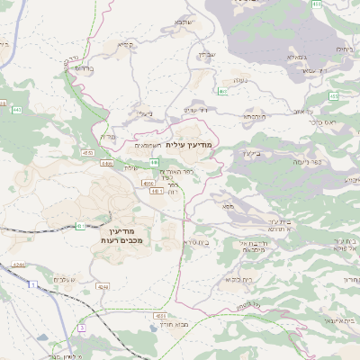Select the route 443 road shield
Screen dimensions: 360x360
tap(17, 110)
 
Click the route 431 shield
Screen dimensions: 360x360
tap(81, 226)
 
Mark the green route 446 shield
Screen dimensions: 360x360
tap(221, 91)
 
